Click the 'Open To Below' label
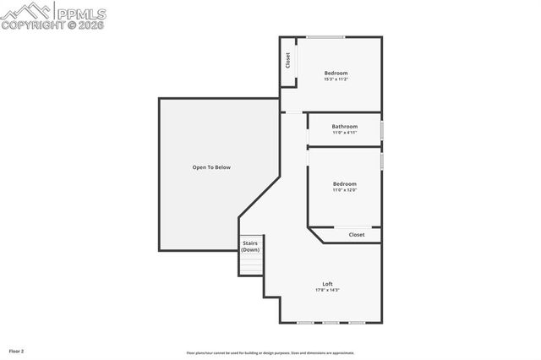(x=210, y=167)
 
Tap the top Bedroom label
(x=336, y=74)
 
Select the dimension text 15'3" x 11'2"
(x=336, y=79)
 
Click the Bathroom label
(x=344, y=127)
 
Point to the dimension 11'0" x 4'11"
(x=344, y=133)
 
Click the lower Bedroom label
(x=344, y=183)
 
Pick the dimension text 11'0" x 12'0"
(x=344, y=189)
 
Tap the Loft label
(x=327, y=283)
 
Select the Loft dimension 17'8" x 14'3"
(x=327, y=290)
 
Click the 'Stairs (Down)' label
(x=250, y=246)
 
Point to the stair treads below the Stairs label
(x=251, y=265)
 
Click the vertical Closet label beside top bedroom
(x=287, y=61)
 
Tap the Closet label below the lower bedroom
(x=357, y=234)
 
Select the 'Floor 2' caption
(x=17, y=350)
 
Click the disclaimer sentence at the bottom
(x=270, y=353)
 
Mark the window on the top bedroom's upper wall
(x=325, y=36)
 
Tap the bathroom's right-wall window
(x=382, y=130)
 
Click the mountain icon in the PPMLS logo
(x=26, y=11)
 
